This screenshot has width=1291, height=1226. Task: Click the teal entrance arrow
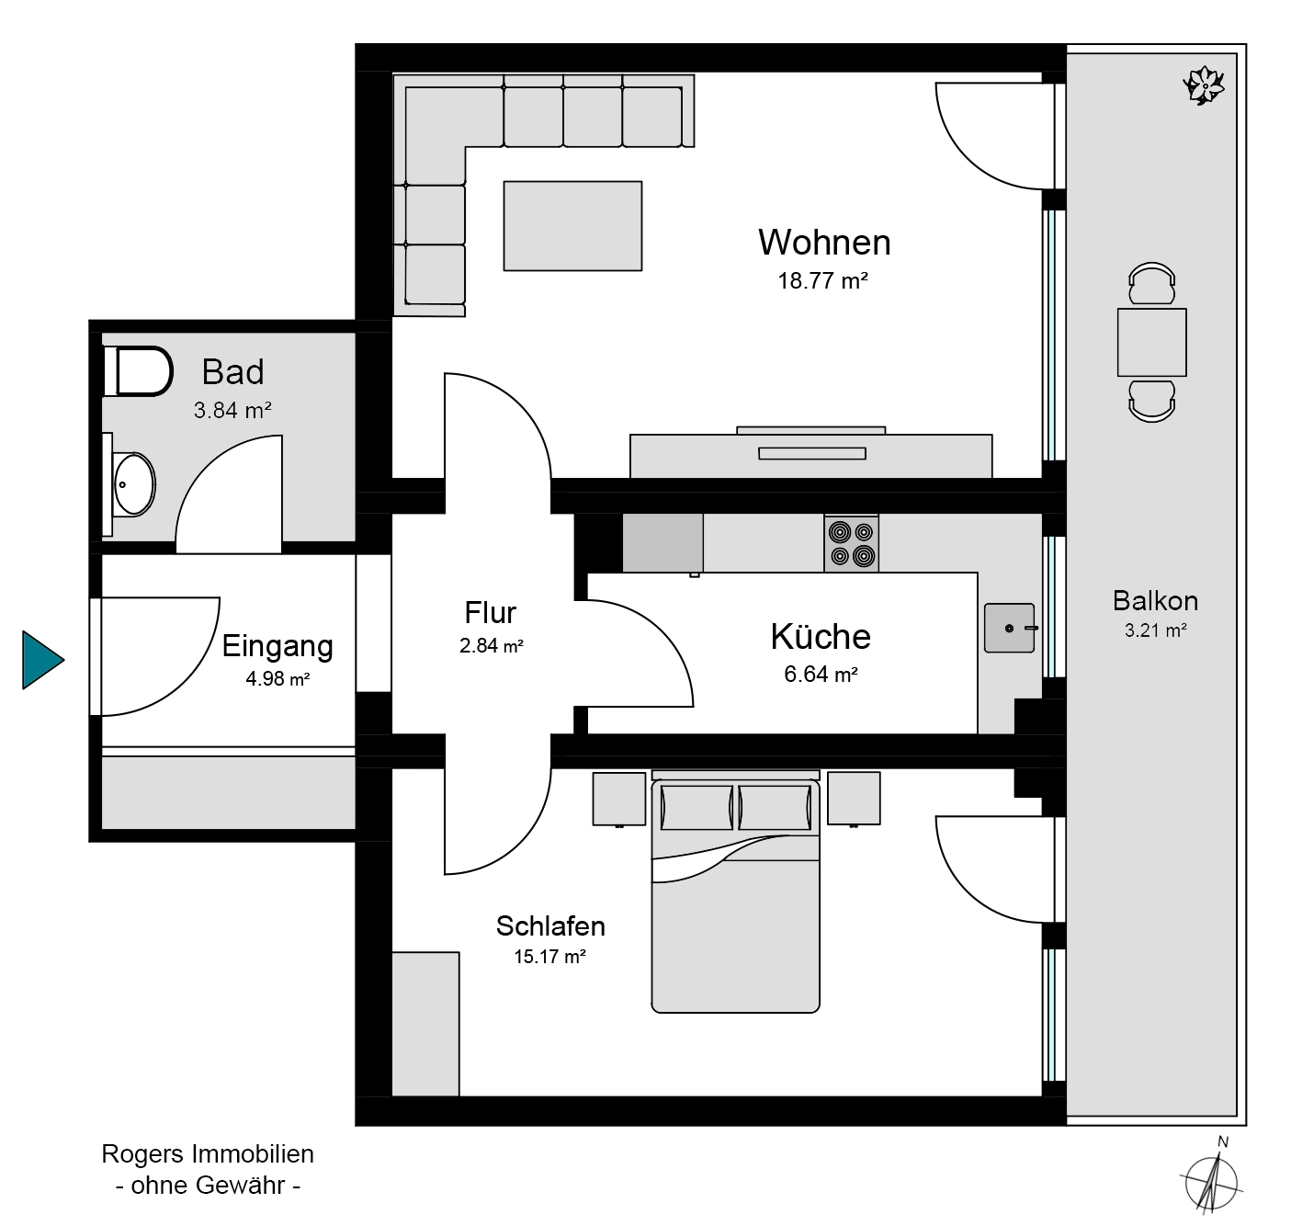41,660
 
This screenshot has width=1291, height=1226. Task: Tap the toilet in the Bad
139,371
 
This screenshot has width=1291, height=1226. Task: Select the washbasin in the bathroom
134,484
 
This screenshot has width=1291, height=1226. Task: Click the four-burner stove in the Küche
851,543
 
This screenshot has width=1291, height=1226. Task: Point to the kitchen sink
1009,628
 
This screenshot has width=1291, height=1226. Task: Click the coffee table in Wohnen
572,226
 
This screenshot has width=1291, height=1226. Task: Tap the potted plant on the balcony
1204,85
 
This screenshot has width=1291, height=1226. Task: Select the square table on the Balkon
1151,342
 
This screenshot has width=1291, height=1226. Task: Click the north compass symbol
1212,1183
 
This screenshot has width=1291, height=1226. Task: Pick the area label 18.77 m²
822,281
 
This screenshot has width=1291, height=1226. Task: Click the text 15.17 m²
549,957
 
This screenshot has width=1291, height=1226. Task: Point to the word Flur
490,612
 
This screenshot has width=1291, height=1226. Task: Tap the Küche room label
821,636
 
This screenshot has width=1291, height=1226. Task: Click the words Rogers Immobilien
208,1154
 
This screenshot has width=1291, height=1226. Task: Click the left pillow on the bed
696,808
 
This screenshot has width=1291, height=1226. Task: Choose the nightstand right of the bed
854,799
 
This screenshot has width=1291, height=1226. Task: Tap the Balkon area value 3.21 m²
1155,630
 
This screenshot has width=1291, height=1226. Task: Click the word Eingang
277,646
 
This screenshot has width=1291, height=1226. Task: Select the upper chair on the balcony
1151,283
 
